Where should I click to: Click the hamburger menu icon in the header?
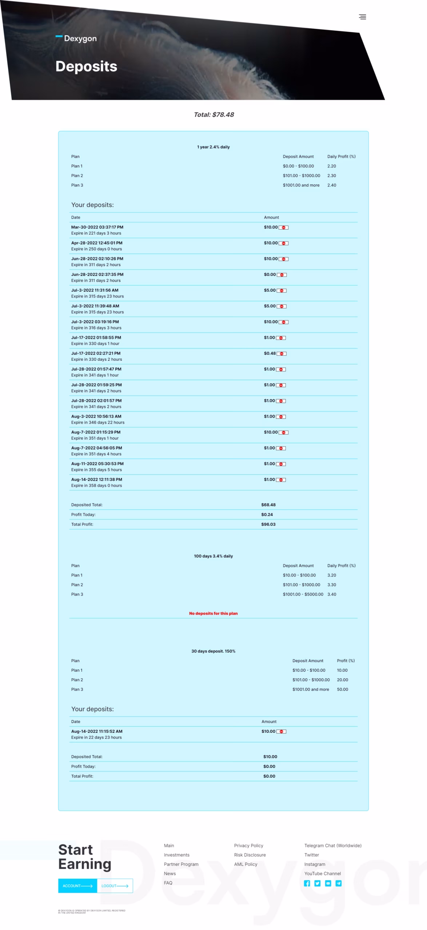[x=362, y=17]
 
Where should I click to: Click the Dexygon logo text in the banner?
[x=80, y=39]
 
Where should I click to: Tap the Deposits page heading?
[x=86, y=66]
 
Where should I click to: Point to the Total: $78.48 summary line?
[x=213, y=115]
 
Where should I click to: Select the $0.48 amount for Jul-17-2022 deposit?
[x=270, y=353]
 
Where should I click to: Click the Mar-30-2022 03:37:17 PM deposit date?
[x=97, y=227]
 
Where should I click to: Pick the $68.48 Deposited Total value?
[x=268, y=505]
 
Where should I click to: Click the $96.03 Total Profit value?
[x=268, y=525]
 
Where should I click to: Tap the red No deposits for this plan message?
[x=213, y=614]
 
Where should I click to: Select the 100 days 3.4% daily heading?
[x=213, y=556]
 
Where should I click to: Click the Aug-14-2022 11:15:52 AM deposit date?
[x=97, y=732]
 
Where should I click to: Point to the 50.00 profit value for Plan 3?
[x=342, y=690]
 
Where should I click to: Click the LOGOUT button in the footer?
[x=115, y=886]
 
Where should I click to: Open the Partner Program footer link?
[x=181, y=865]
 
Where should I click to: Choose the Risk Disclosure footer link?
[x=250, y=855]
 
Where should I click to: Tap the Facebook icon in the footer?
[x=307, y=883]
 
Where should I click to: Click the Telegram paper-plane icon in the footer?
[x=339, y=883]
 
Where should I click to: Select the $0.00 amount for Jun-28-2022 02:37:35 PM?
[x=270, y=275]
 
